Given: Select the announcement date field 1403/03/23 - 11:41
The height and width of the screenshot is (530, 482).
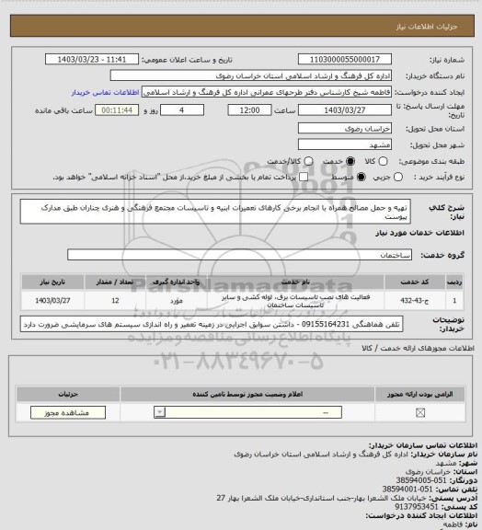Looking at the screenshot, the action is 106,60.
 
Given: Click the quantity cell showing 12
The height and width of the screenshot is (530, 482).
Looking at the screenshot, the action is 114,299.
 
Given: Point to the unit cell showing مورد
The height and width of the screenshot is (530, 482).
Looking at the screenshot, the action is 178,299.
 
